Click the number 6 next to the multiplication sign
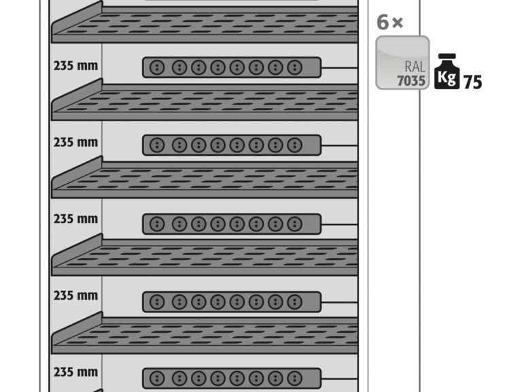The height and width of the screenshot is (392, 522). pyautogui.click(x=383, y=22)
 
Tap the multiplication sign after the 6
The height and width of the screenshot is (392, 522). pyautogui.click(x=398, y=22)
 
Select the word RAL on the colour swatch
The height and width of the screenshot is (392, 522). pyautogui.click(x=415, y=67)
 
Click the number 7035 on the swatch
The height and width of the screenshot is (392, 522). pyautogui.click(x=411, y=81)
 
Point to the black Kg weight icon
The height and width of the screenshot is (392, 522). pyautogui.click(x=447, y=71)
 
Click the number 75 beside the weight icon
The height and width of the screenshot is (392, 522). pyautogui.click(x=472, y=82)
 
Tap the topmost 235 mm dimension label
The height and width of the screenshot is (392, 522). pyautogui.click(x=75, y=65)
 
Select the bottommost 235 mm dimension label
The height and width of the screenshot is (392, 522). pyautogui.click(x=75, y=372)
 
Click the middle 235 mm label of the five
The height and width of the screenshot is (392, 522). pyautogui.click(x=75, y=219)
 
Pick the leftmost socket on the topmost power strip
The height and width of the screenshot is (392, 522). pyautogui.click(x=157, y=67)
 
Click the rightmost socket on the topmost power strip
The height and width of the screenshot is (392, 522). pyautogui.click(x=294, y=67)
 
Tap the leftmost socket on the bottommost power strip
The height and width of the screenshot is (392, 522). pyautogui.click(x=157, y=378)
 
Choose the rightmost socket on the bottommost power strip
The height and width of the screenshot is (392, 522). pyautogui.click(x=294, y=378)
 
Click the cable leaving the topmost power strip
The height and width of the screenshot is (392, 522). pyautogui.click(x=340, y=67)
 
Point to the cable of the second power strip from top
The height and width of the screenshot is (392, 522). pyautogui.click(x=340, y=146)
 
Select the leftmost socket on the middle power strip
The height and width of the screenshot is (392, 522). pyautogui.click(x=157, y=224)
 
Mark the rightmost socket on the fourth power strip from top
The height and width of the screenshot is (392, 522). pyautogui.click(x=294, y=302)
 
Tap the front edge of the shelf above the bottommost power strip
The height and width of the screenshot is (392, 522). pyautogui.click(x=205, y=349)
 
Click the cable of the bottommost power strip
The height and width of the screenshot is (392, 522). pyautogui.click(x=340, y=378)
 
